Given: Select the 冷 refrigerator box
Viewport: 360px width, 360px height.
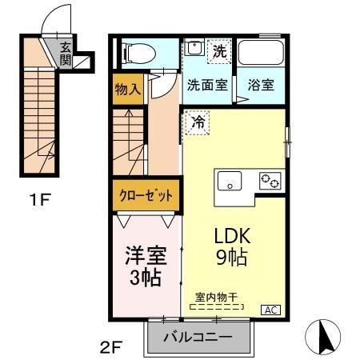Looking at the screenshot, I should point(198,124).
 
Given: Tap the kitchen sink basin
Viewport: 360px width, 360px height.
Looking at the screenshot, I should point(230,182).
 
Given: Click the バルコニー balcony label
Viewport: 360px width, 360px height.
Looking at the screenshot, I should point(198,337).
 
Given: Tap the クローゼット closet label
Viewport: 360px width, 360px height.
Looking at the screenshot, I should point(146,195).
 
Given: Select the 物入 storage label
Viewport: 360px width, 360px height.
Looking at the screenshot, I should point(127,89).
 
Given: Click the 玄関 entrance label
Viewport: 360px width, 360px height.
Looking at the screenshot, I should point(65,55).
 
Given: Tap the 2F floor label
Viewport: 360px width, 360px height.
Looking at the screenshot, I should point(110,348).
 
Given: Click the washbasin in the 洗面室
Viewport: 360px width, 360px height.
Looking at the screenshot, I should point(192,49).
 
